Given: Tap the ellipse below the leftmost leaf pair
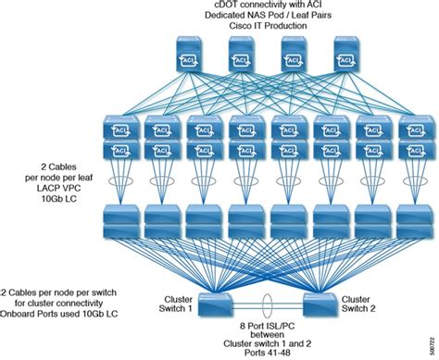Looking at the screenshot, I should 119,174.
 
